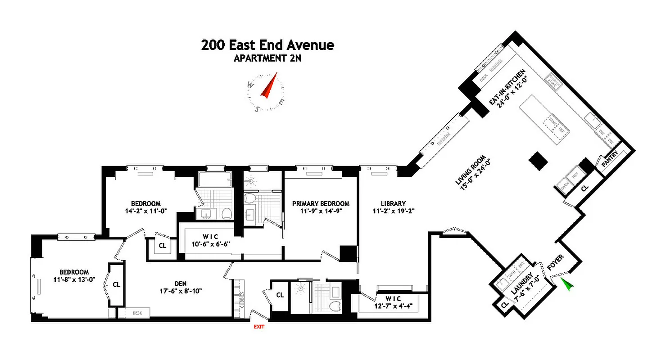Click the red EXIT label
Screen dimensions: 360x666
pos(258,327)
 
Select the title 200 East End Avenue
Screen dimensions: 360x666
pos(267,45)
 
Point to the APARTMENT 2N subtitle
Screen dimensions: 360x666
pos(267,58)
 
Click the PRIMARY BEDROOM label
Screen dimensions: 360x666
pos(320,203)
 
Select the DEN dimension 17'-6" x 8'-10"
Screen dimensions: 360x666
pos(181,291)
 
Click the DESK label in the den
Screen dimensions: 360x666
pos(136,313)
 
